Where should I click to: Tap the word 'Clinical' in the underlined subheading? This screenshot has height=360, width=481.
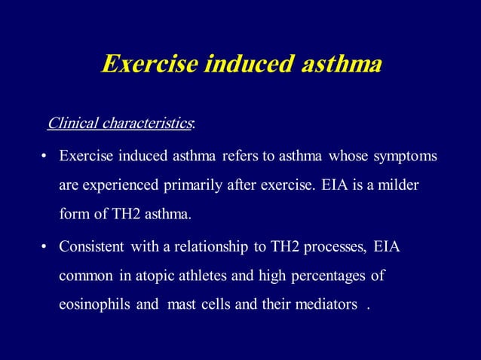pyautogui.click(x=69, y=123)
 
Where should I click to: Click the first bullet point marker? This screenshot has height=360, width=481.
pyautogui.click(x=44, y=157)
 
